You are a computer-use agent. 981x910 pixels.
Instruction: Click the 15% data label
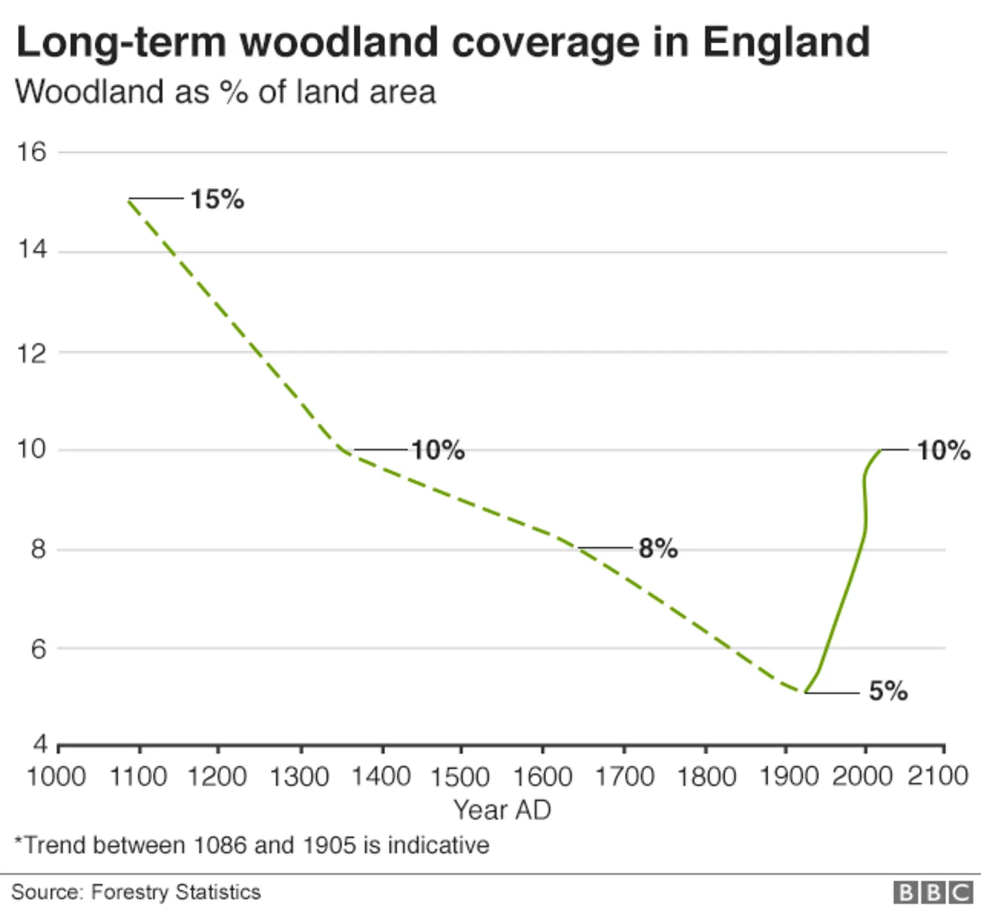[217, 199]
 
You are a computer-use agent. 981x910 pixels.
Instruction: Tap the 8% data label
[658, 549]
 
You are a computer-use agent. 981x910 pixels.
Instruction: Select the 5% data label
[888, 691]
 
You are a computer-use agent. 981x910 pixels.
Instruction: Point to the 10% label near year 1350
[437, 450]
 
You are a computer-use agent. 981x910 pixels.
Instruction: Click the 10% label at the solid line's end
[943, 450]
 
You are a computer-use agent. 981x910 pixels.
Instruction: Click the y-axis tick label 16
[32, 152]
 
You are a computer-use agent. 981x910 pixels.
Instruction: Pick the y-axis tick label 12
[32, 353]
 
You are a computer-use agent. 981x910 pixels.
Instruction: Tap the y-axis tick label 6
[38, 649]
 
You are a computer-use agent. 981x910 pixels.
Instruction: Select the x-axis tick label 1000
[56, 777]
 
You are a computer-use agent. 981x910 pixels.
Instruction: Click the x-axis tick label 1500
[460, 777]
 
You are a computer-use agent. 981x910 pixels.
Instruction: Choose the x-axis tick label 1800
[706, 777]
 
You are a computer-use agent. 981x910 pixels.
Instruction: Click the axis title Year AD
[502, 810]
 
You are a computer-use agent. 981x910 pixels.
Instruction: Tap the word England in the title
[786, 42]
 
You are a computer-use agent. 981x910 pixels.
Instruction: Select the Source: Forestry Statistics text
[136, 891]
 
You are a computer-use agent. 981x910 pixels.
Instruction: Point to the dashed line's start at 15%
[130, 200]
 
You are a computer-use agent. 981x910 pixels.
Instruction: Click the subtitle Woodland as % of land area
[225, 92]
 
